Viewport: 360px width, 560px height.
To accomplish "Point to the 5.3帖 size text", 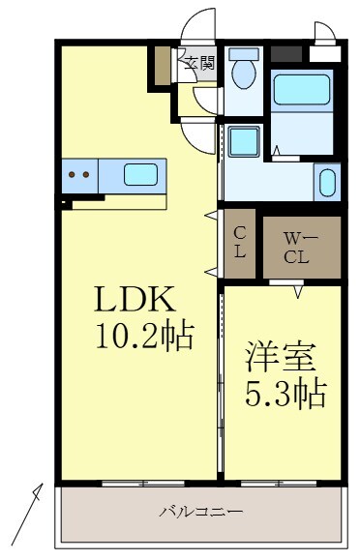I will [284, 393].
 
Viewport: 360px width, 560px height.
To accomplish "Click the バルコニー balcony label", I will [201, 511].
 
